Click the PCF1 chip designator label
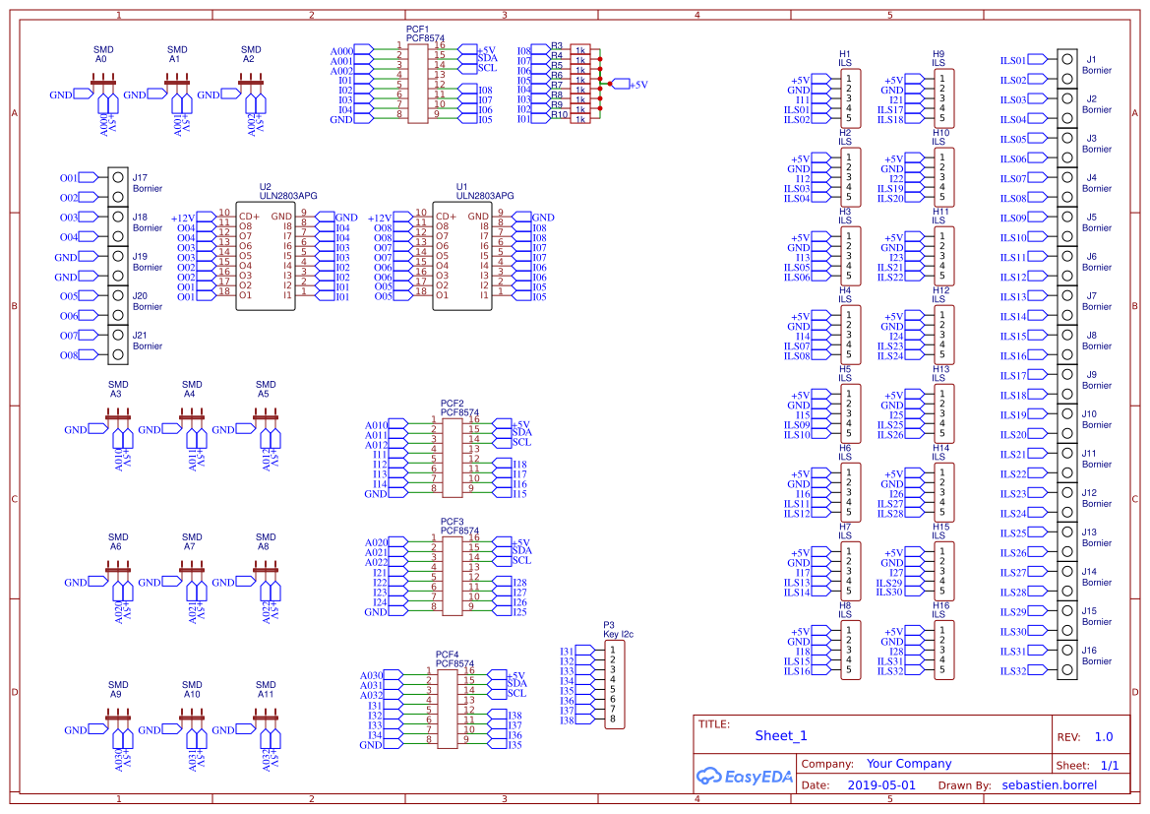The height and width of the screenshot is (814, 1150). coord(417,30)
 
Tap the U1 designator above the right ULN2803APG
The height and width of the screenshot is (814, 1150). coord(462,186)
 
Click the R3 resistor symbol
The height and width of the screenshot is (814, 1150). coord(580,49)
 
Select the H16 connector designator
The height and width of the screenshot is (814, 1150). coord(941,605)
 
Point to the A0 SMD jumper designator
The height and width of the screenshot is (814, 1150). coord(100,59)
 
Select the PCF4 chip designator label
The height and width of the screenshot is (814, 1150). coord(448,655)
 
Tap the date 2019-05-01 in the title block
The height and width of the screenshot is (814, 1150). coord(880,785)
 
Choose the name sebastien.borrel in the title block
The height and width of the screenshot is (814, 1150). coord(1049,785)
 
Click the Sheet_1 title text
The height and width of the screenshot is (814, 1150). coord(781,735)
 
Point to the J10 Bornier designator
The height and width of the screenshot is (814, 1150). coord(1089,413)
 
